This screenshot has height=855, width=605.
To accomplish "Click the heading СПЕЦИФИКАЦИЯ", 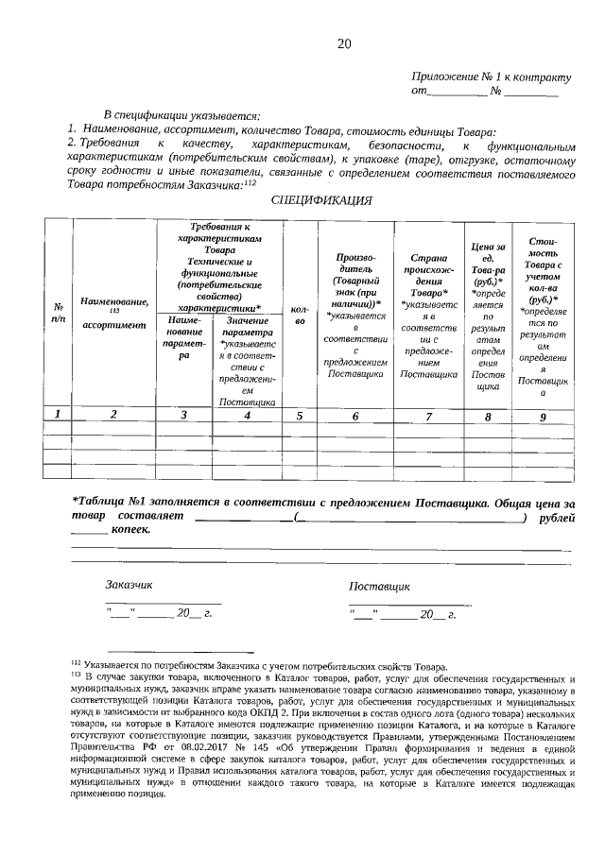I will [x=321, y=200].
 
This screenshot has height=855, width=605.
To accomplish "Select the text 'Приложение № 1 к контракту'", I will [x=492, y=77].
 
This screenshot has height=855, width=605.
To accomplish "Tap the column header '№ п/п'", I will [x=59, y=313].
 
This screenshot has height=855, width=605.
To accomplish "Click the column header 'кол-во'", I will [x=300, y=316].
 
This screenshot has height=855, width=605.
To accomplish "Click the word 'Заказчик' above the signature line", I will [x=129, y=586].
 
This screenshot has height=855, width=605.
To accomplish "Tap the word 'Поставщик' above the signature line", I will [x=379, y=586].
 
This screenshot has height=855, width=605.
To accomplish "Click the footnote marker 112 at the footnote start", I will [x=76, y=665].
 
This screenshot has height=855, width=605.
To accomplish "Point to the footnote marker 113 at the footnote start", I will [x=76, y=676].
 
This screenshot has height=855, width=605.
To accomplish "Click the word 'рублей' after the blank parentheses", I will [x=556, y=519].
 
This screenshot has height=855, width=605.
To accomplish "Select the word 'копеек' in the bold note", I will [x=131, y=532].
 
